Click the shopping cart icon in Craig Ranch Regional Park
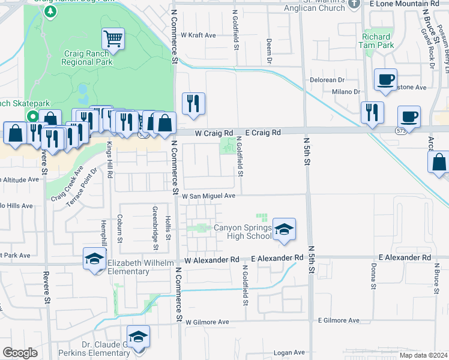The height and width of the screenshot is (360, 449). [x=113, y=40]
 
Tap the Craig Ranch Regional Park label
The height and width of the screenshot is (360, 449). [x=88, y=58]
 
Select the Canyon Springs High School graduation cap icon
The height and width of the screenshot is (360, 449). [x=284, y=230]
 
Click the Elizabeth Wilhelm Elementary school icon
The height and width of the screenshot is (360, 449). [x=94, y=259]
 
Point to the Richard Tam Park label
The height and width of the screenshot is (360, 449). [x=377, y=41]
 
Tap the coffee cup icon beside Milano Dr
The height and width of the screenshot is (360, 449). [x=385, y=80]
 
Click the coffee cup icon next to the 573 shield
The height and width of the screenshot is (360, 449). [x=409, y=116]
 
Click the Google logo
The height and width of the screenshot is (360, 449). [x=20, y=353]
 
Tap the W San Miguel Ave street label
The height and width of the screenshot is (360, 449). [x=209, y=196]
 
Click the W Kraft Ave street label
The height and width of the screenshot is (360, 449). [x=198, y=35]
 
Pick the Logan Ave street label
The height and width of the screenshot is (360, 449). [x=289, y=353]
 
